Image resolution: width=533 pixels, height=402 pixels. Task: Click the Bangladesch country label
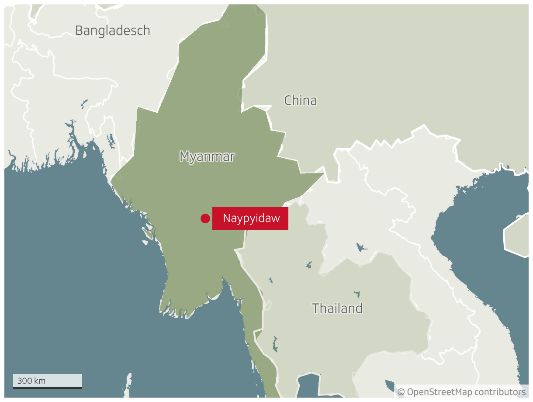113,31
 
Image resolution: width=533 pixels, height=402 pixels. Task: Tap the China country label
301,100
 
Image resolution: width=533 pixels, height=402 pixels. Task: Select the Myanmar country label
207,156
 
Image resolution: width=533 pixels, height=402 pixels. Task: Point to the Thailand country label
337,308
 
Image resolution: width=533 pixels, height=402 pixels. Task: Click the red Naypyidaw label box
250,218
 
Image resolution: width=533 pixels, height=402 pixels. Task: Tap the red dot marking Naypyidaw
205,218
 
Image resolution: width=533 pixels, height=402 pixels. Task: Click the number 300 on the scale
24,381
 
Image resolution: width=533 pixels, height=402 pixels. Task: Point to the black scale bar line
47,388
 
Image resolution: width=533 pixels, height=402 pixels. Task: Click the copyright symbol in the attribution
401,392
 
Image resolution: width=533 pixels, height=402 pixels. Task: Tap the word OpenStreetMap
440,392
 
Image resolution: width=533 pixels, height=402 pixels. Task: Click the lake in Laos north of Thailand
361,248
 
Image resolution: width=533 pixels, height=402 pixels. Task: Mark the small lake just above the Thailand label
357,294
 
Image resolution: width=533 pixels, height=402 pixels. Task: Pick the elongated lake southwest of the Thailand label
275,343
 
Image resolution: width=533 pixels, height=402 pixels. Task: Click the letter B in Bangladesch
79,31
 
